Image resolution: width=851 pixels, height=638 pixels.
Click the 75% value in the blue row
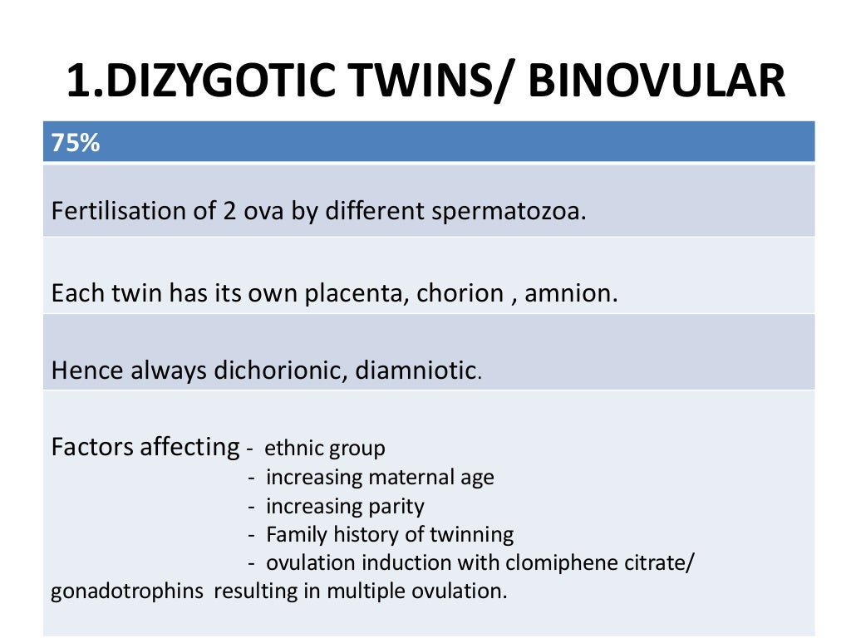point(76,143)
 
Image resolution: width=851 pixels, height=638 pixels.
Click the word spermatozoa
point(509,211)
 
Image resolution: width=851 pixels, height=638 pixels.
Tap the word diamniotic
point(416,371)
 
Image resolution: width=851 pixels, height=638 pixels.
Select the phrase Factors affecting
point(145,447)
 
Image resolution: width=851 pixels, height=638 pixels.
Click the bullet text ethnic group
point(325,449)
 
